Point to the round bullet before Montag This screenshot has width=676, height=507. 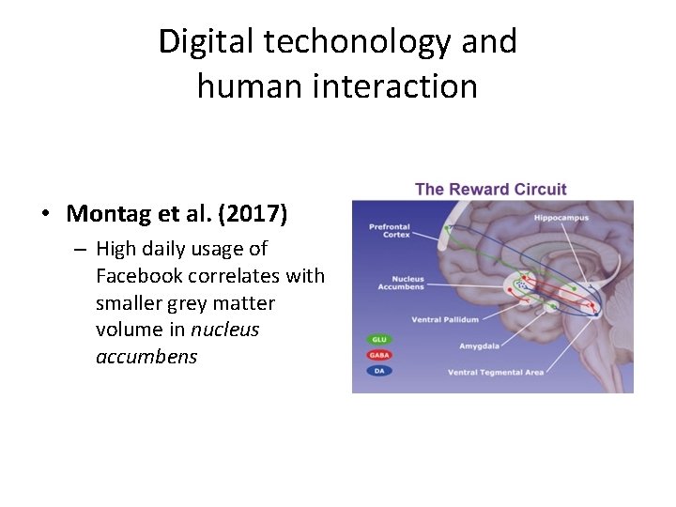pyautogui.click(x=45, y=214)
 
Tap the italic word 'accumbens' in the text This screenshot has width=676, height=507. pyautogui.click(x=146, y=357)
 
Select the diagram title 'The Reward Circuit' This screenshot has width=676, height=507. pyautogui.click(x=490, y=189)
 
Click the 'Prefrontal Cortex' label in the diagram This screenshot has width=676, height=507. pyautogui.click(x=389, y=229)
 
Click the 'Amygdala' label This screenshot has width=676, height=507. pyautogui.click(x=479, y=346)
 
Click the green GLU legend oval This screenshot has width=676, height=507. pyautogui.click(x=378, y=339)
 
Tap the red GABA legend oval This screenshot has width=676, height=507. pyautogui.click(x=378, y=355)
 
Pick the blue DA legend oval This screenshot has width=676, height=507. pyautogui.click(x=378, y=371)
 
